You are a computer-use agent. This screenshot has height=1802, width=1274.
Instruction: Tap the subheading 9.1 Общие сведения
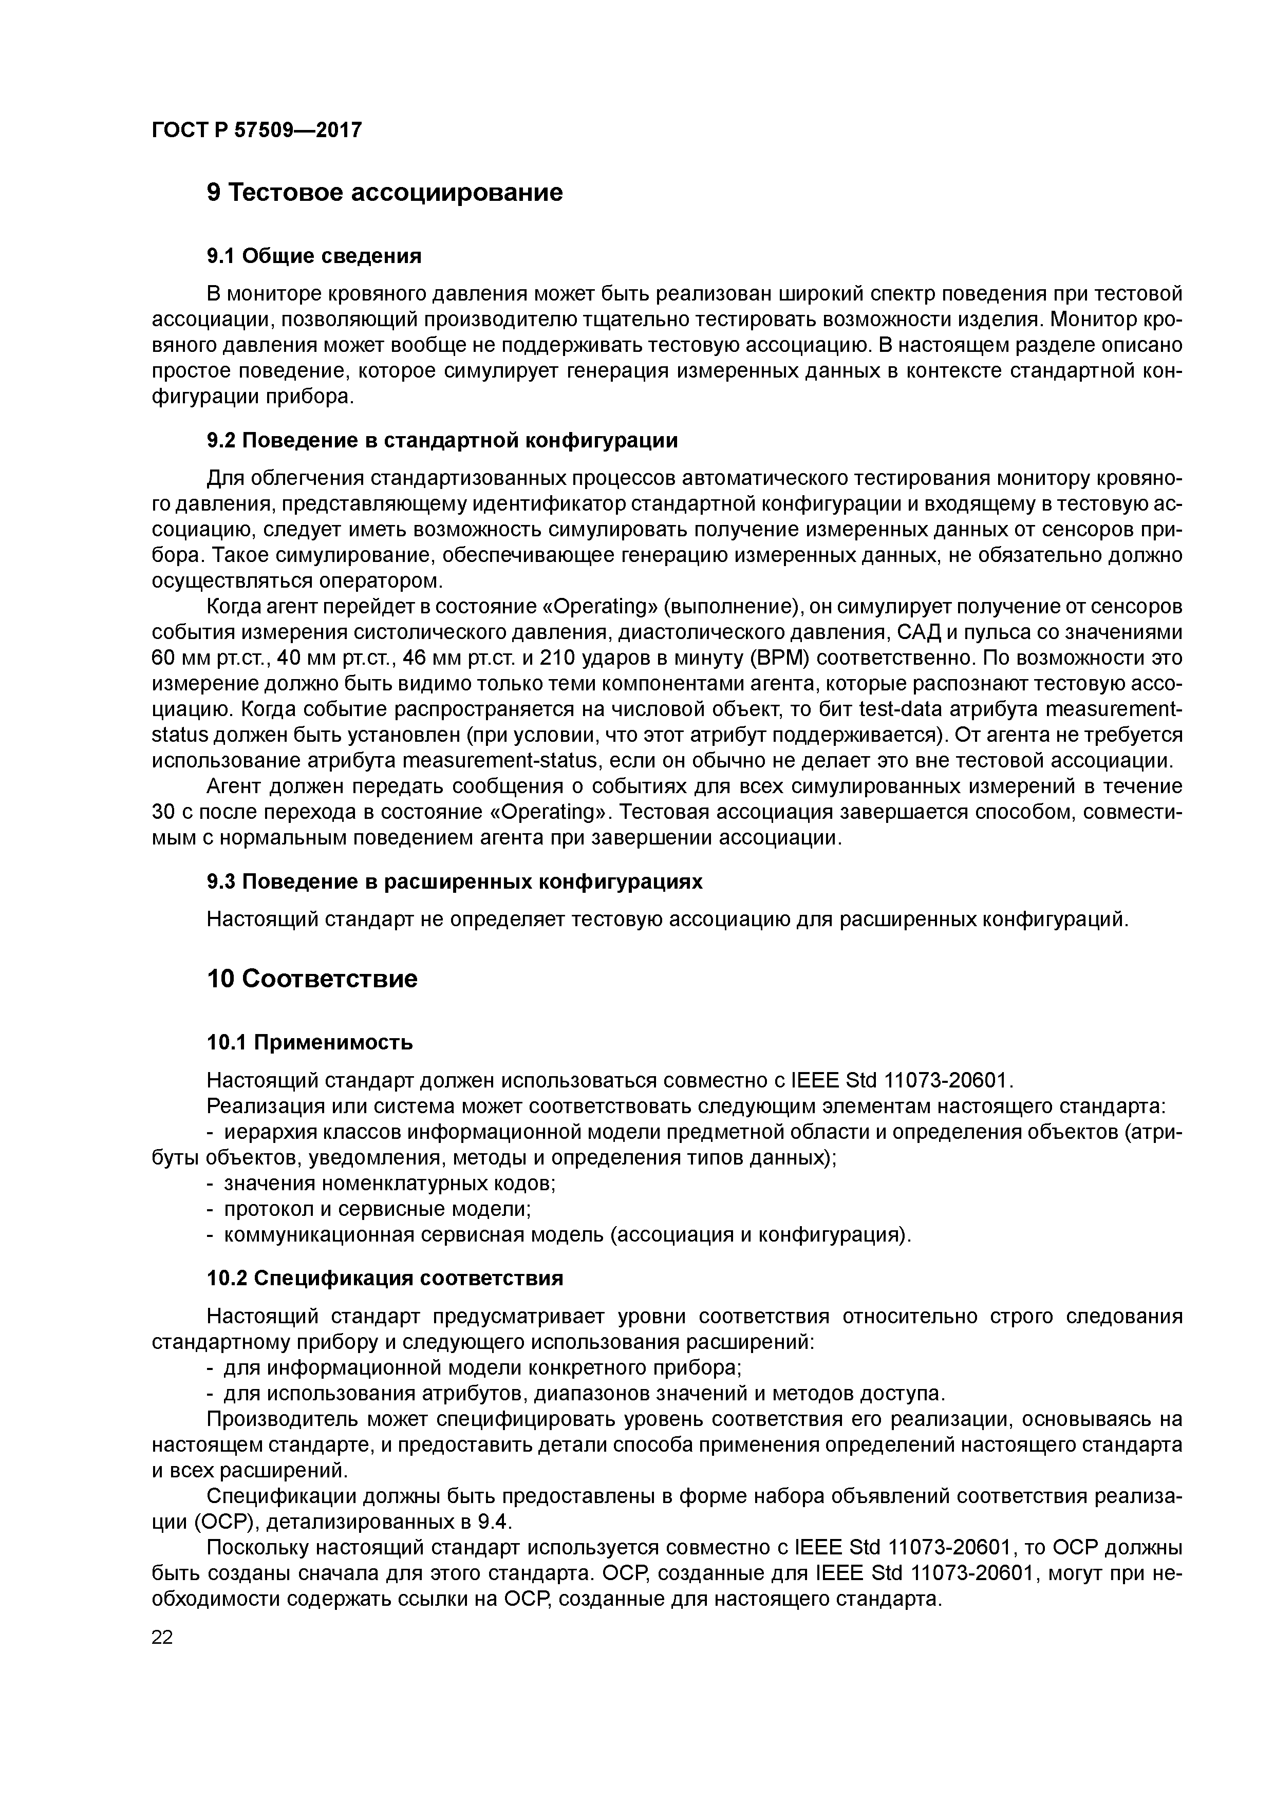point(314,256)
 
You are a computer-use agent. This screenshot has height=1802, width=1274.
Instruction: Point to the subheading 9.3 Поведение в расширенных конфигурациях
point(455,882)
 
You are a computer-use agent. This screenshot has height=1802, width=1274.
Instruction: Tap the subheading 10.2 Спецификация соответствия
point(385,1279)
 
